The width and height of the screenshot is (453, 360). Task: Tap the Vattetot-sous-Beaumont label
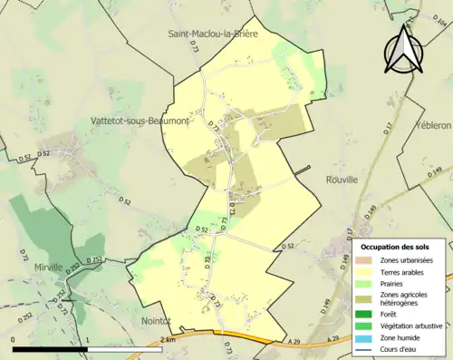(140, 120)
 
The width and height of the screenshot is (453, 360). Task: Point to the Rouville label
(342, 180)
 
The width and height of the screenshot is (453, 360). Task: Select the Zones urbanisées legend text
(406, 260)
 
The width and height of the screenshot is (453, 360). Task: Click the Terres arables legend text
(402, 272)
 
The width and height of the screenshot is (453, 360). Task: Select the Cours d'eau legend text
(400, 350)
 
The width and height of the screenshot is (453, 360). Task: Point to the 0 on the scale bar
(14, 341)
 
